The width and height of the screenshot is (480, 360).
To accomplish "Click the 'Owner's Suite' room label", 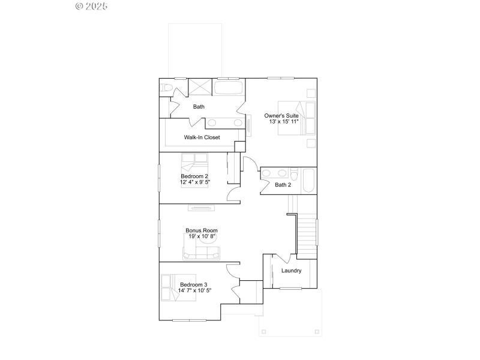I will pyautogui.click(x=281, y=115).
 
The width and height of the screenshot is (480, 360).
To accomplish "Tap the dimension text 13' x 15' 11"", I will pyautogui.click(x=284, y=122).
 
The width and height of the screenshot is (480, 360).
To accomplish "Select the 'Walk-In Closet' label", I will pyautogui.click(x=202, y=137).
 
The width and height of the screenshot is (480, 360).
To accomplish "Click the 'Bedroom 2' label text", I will pyautogui.click(x=194, y=176).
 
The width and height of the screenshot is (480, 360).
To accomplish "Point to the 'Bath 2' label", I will pyautogui.click(x=283, y=185).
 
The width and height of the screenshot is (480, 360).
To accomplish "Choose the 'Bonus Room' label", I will pyautogui.click(x=201, y=230).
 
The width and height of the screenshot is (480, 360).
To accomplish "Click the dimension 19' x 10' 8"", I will pyautogui.click(x=201, y=236).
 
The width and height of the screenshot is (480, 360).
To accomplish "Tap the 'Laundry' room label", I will pyautogui.click(x=291, y=271).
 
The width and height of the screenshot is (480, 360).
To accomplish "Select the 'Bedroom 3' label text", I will pyautogui.click(x=194, y=284).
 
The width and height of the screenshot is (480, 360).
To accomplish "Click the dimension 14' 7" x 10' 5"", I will pyautogui.click(x=194, y=290).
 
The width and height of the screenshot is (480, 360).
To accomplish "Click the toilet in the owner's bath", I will pyautogui.click(x=166, y=89).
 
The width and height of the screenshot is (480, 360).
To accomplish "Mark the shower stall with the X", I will pyautogui.click(x=200, y=86).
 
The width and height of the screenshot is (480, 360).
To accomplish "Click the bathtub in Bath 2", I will pyautogui.click(x=308, y=181).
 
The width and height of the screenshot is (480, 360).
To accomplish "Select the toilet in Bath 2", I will pyautogui.click(x=292, y=173).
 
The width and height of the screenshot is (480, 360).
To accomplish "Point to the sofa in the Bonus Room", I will pyautogui.click(x=201, y=255).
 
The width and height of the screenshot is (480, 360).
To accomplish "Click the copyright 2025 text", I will pyautogui.click(x=91, y=6).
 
